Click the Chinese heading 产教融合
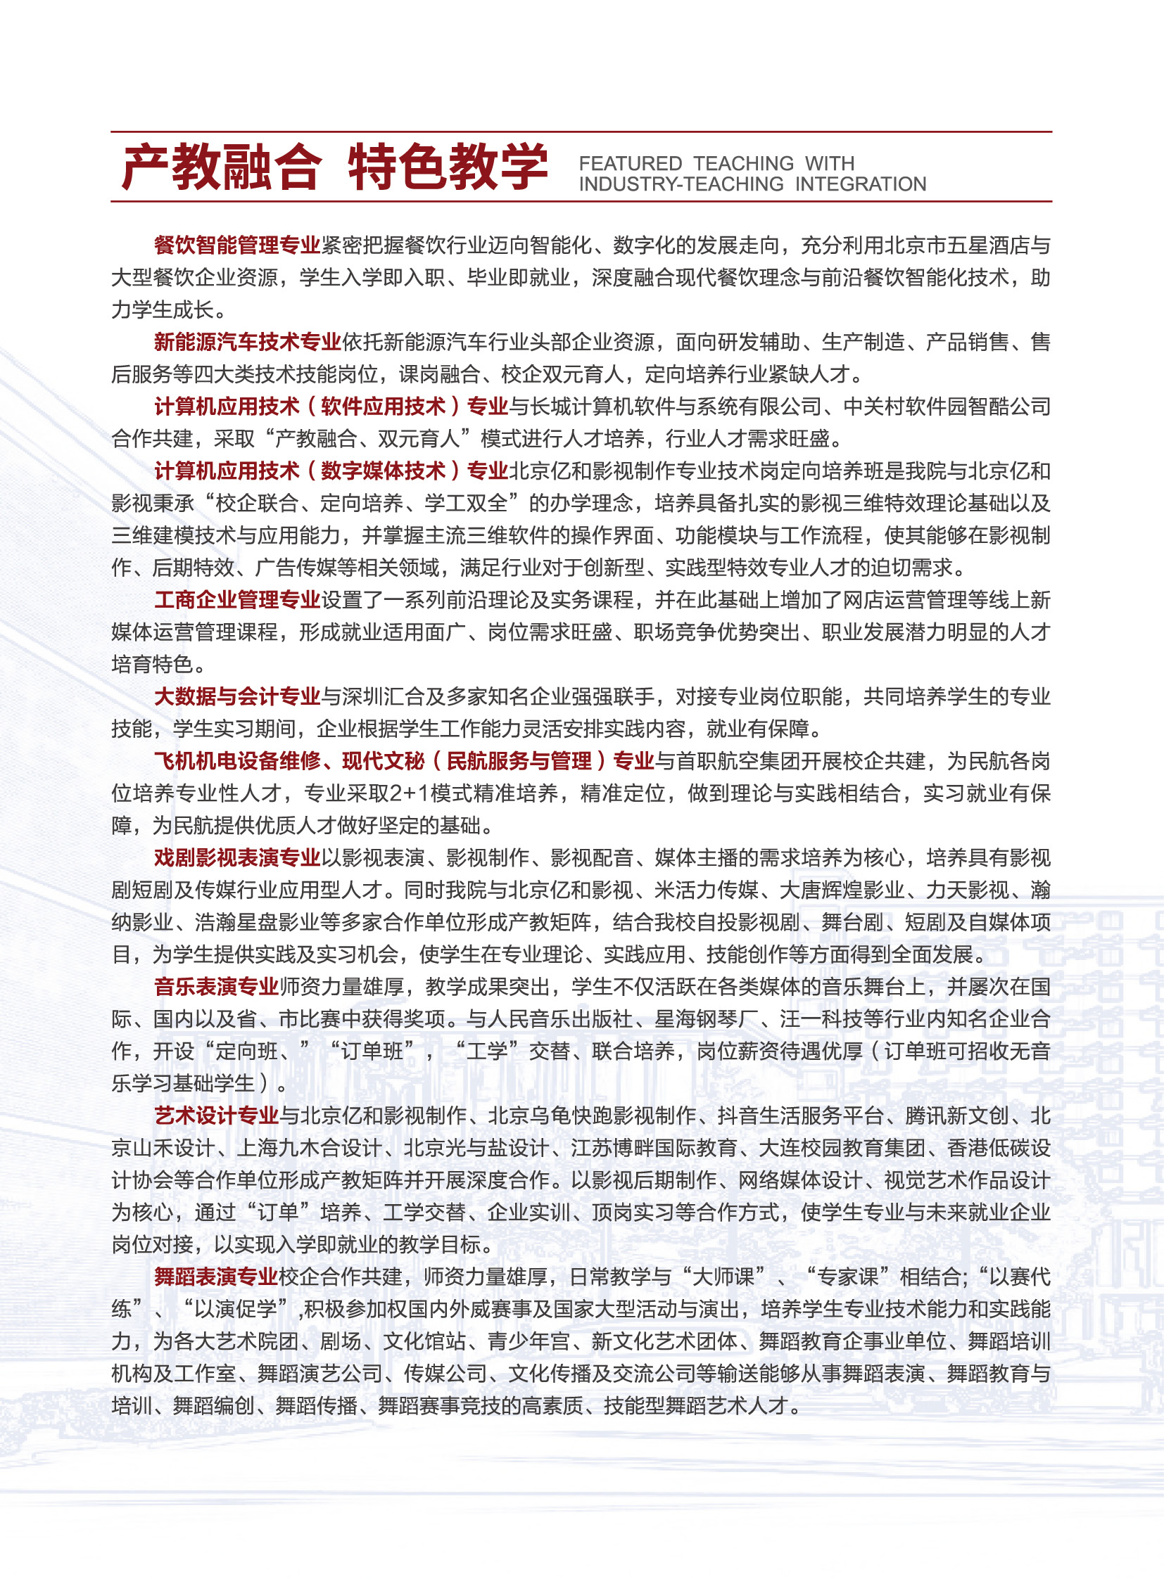[221, 167]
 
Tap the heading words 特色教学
[448, 167]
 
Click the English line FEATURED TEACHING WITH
[716, 163]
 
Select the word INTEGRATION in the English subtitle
[860, 184]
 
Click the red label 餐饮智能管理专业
[237, 245]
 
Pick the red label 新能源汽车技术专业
[247, 342]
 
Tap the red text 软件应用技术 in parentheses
[384, 407]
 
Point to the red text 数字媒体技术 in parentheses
[384, 471]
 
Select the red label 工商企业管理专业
[237, 599]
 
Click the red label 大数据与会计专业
[237, 696]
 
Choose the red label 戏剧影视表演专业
[237, 857]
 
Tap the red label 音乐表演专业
[216, 986]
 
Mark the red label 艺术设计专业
[216, 1115]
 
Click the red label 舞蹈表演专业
[216, 1276]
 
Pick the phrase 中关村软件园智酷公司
[947, 407]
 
